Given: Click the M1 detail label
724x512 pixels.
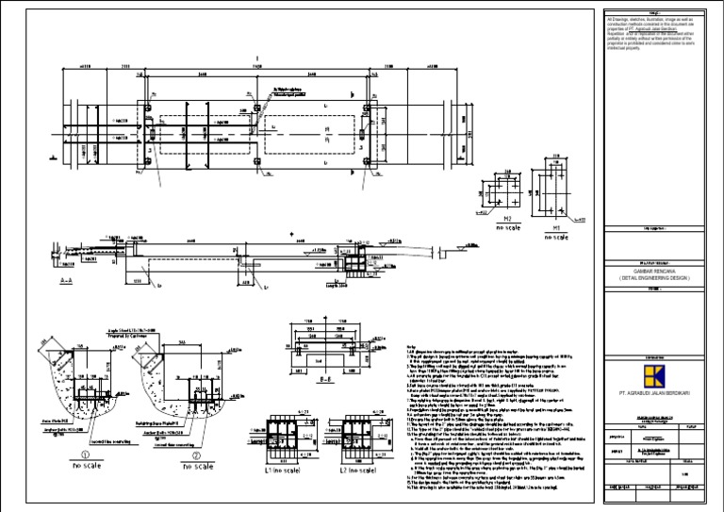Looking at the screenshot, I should click(x=556, y=227).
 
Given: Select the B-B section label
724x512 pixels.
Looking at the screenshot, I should click(x=322, y=383).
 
